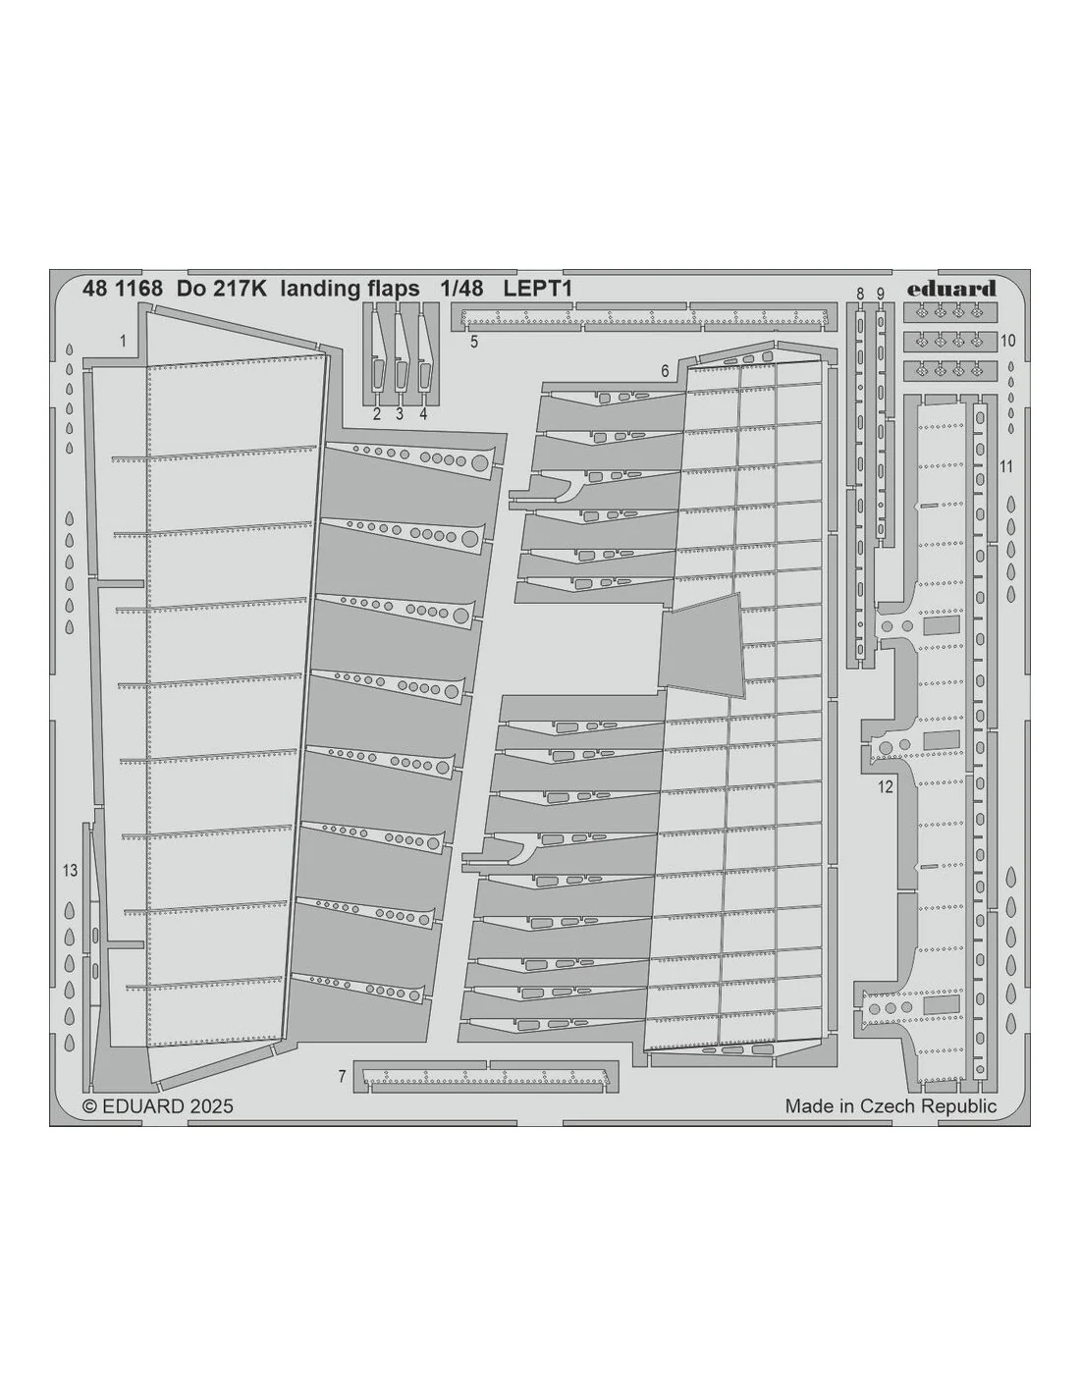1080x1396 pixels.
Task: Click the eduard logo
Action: pos(950,289)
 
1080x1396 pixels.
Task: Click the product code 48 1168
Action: pos(123,289)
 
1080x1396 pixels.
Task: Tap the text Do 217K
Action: pos(222,289)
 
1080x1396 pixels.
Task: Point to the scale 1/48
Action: pos(461,289)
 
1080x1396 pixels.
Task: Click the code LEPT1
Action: pos(537,289)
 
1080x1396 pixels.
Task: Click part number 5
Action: pos(474,342)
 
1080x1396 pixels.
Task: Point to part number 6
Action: pos(665,371)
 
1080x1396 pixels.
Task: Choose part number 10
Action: pos(1008,341)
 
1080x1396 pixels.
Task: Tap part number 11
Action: pos(1006,466)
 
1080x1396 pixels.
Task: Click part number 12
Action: pos(886,787)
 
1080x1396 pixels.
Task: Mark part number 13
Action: pos(70,870)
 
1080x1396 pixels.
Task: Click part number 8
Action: pos(860,294)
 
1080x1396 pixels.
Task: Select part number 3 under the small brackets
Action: pos(400,414)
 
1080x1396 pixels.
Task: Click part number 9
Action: pos(880,294)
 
